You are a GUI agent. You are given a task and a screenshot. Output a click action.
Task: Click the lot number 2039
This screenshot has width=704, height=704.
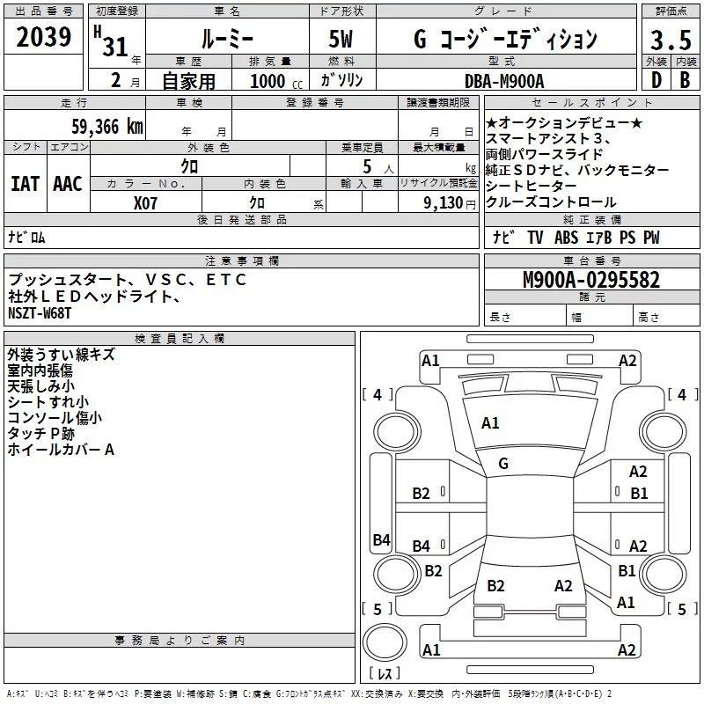pos(44,38)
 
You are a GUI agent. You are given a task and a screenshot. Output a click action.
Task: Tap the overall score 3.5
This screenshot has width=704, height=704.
pos(669,40)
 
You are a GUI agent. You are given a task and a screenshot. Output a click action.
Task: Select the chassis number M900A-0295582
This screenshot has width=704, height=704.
pos(591,280)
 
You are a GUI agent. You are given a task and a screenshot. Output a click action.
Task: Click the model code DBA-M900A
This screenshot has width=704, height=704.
pos(504,80)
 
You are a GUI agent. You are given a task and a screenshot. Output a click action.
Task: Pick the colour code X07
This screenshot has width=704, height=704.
pos(145,202)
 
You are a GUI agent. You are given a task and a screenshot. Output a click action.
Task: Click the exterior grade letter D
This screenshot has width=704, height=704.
pos(656,80)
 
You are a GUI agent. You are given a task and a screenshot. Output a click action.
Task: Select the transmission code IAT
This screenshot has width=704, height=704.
pos(25,184)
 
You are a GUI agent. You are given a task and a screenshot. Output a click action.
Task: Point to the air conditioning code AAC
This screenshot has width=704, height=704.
pos(68,184)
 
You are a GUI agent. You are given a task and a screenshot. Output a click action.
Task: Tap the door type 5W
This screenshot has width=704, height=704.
pos(342,40)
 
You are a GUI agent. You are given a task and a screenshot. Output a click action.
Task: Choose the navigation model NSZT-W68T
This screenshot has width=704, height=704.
pos(40,312)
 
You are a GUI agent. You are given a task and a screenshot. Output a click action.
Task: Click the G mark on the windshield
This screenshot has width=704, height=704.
pos(503,464)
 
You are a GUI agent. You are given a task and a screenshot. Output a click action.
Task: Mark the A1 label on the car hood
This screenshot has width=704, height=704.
pos(490,423)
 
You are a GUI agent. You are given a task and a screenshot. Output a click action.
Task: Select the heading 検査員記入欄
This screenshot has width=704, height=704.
pos(180,338)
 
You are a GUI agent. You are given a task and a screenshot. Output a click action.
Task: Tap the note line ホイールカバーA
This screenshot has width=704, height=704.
pos(61,450)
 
